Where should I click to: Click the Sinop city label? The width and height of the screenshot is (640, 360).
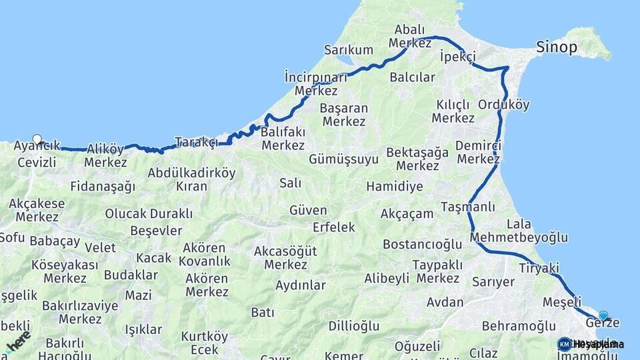pyautogui.click(x=557, y=47)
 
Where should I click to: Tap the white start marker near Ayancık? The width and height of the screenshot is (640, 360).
pyautogui.click(x=37, y=140)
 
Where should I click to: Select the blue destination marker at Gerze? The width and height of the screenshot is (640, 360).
pyautogui.click(x=603, y=316)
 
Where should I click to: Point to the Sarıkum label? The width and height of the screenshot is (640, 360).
pyautogui.click(x=348, y=50)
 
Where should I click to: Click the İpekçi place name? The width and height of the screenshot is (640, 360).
pyautogui.click(x=458, y=57)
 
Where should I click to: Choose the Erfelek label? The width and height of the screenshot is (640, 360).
pyautogui.click(x=334, y=227)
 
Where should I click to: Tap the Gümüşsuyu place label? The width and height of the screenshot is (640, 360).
pyautogui.click(x=343, y=159)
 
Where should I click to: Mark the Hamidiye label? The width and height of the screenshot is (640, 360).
pyautogui.click(x=395, y=187)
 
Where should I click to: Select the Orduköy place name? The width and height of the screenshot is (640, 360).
pyautogui.click(x=504, y=105)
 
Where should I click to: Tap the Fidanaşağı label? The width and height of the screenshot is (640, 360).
pyautogui.click(x=103, y=187)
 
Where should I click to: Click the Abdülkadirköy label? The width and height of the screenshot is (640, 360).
pyautogui.click(x=192, y=173)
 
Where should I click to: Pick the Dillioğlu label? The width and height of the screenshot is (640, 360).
pyautogui.click(x=354, y=326)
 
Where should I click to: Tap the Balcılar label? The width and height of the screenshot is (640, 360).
pyautogui.click(x=413, y=77)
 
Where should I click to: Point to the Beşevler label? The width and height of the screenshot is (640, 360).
pyautogui.click(x=156, y=231)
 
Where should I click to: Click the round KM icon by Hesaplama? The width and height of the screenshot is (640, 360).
pyautogui.click(x=565, y=344)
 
